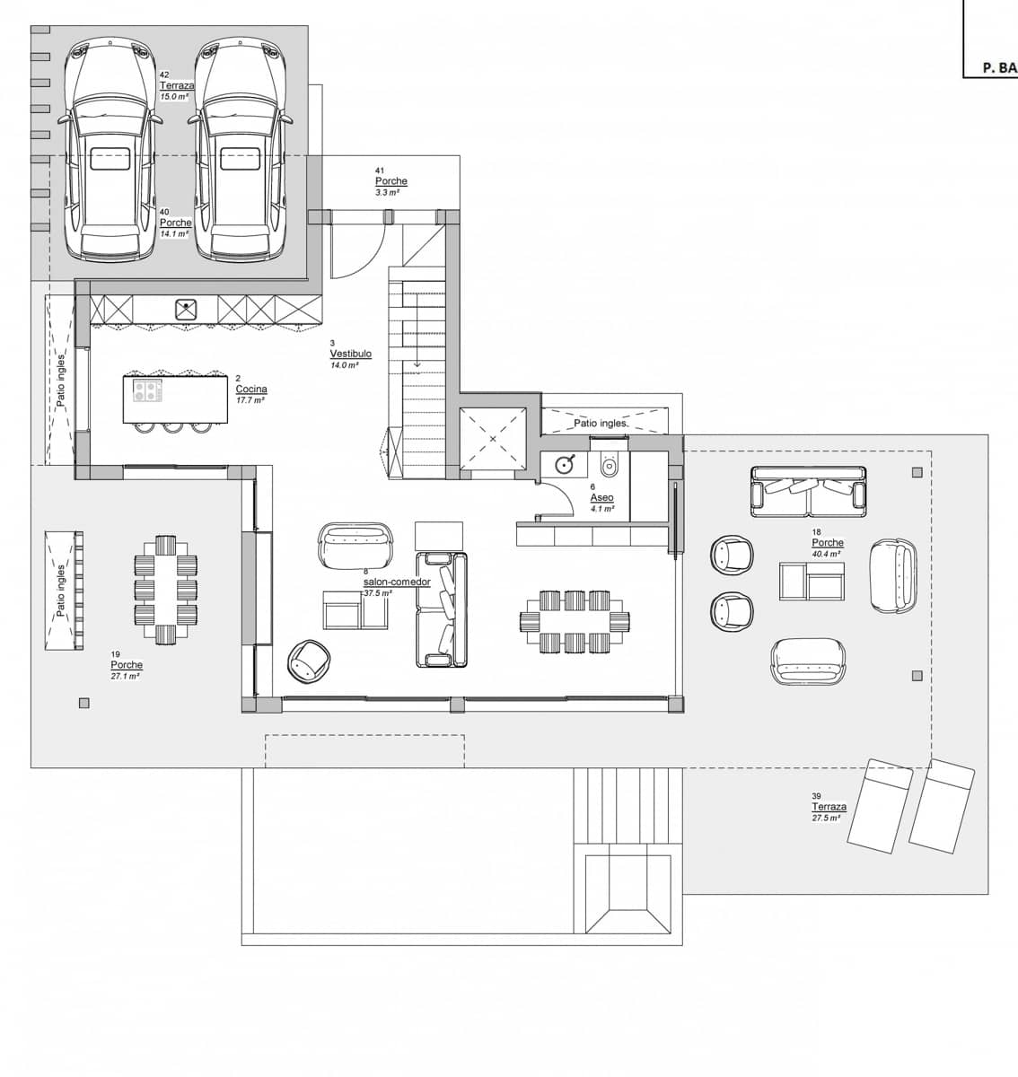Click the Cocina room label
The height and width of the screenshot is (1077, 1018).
250,390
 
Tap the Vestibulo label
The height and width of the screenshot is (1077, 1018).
350,355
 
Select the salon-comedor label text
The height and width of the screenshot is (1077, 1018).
397,582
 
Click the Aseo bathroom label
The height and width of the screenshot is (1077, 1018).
601,497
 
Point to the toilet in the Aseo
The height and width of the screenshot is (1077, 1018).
610,464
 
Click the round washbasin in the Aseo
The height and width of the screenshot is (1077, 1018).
565,465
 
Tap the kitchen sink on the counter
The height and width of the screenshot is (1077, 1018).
186,310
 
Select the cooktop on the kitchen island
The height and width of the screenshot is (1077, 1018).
148,390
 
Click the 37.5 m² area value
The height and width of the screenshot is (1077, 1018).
378,593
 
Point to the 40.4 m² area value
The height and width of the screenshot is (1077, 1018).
827,554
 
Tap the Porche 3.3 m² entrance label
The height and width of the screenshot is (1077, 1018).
391,181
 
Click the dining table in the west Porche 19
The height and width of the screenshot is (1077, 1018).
165,590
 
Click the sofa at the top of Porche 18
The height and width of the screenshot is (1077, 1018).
809,491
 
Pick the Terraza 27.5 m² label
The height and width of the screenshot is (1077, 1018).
829,807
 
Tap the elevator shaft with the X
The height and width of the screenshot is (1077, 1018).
492,438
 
